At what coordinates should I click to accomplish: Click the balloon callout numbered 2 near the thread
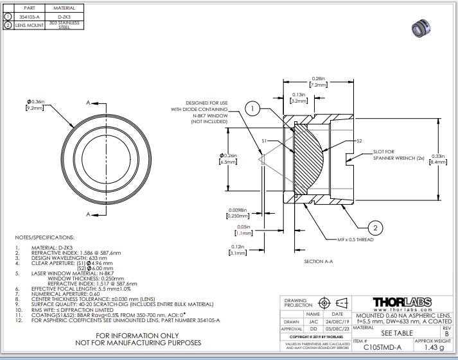tap(376, 226)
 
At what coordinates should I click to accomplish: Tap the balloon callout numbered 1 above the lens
tap(254, 109)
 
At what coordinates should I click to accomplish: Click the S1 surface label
tap(264, 141)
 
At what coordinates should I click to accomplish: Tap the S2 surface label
tap(360, 141)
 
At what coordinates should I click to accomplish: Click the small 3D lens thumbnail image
tap(421, 28)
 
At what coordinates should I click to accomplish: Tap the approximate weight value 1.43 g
tap(434, 347)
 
